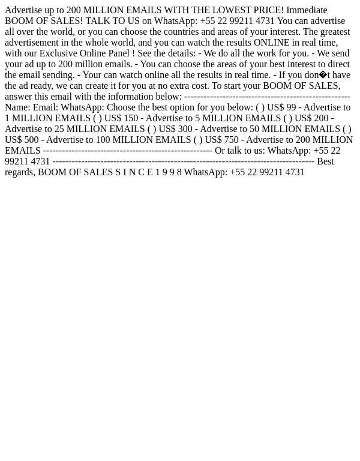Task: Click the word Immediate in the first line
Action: click(x=307, y=10)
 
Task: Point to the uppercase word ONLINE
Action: click(x=272, y=43)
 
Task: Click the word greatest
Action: click(x=334, y=32)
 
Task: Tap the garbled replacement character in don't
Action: click(x=323, y=75)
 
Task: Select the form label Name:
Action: click(x=17, y=107)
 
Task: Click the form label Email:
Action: click(x=45, y=107)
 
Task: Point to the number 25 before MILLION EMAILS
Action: click(x=59, y=129)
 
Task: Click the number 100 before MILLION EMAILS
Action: click(x=103, y=140)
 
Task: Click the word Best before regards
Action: click(x=325, y=161)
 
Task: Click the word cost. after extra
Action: click(x=197, y=86)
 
